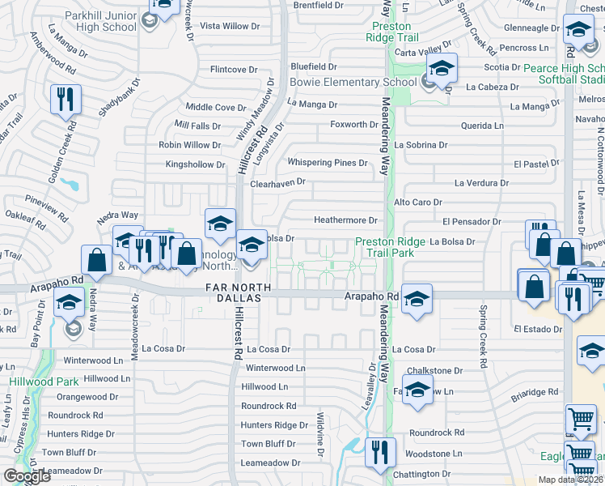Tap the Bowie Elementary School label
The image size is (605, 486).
(x=353, y=82)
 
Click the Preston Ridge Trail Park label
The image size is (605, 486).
(x=385, y=247)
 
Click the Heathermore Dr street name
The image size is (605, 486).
(x=345, y=220)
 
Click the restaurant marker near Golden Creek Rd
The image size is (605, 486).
(x=66, y=101)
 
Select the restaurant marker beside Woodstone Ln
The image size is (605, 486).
(x=379, y=453)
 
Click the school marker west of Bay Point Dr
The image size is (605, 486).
(x=69, y=305)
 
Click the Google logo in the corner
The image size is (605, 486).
(x=27, y=476)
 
